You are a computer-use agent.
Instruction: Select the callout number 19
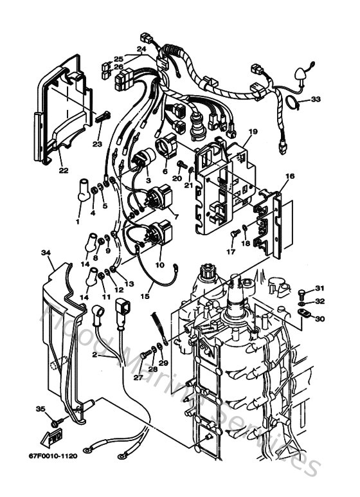pos(253,131)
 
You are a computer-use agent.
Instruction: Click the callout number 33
pos(315,99)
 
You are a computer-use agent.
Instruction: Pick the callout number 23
pos(97,144)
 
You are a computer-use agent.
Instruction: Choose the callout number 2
pos(95,354)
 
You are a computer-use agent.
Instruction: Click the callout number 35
pos(40,409)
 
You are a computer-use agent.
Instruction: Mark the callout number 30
pos(320,318)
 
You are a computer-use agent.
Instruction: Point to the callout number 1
pos(78,222)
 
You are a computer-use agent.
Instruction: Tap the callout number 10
pos(160,264)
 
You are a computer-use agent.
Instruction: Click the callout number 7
pos(176,218)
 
